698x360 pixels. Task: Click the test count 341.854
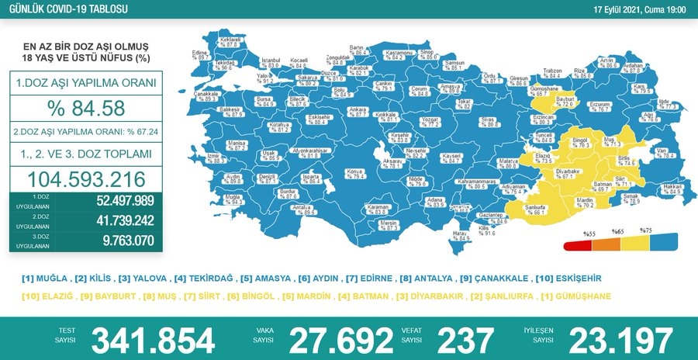pyautogui.click(x=153, y=340)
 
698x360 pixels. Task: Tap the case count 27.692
pyautogui.click(x=340, y=340)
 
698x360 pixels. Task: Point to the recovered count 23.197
pyautogui.click(x=620, y=340)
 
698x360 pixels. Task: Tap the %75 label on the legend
pyautogui.click(x=647, y=231)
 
